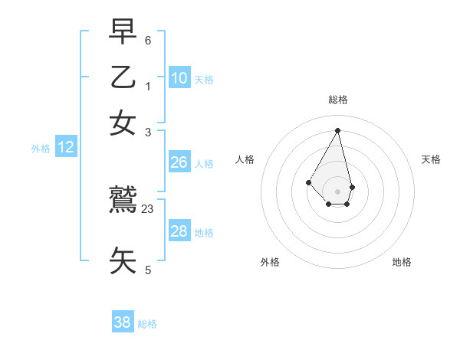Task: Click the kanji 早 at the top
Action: pos(123,33)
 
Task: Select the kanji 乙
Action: pos(123,78)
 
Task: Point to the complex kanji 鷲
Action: pos(123,201)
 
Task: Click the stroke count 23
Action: pos(148,208)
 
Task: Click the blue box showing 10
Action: pos(179,77)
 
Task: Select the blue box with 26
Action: pos(179,162)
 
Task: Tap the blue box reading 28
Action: pos(179,231)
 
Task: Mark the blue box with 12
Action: pos(66,148)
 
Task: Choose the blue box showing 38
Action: pos(123,322)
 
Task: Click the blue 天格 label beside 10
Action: pos(204,79)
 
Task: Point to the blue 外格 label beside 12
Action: pos(41,149)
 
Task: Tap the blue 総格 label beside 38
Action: pos(147,324)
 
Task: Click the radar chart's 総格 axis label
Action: pos(338,100)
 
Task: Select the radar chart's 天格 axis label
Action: pos(432,159)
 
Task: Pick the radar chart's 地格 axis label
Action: pos(402,262)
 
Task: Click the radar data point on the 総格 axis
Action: pos(338,130)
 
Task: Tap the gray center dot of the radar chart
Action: pos(338,191)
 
